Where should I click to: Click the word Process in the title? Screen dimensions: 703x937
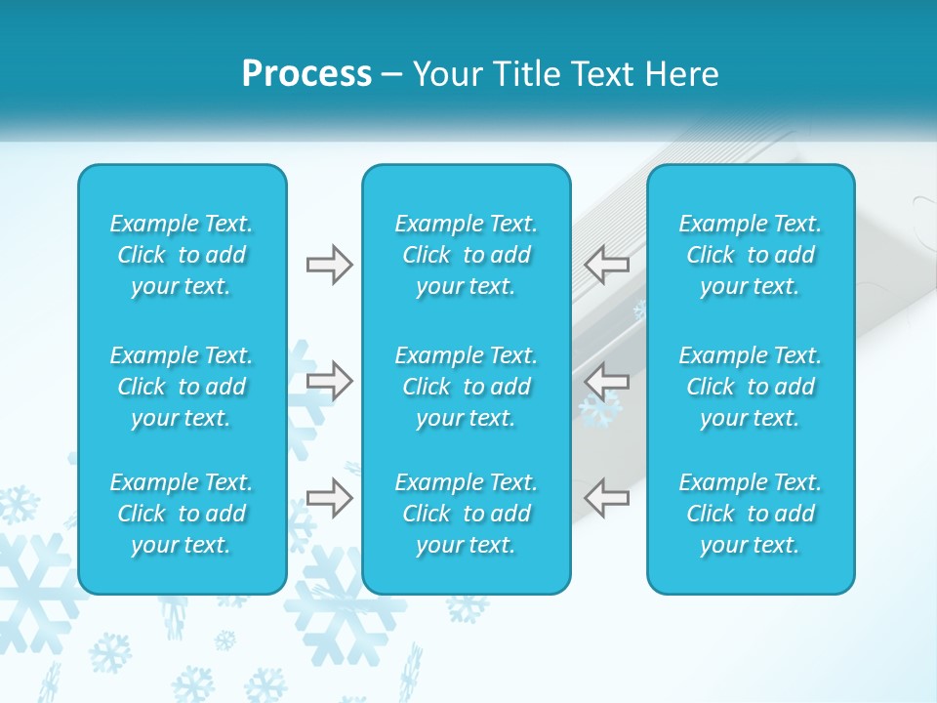click(306, 74)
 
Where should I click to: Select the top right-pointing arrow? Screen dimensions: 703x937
click(329, 265)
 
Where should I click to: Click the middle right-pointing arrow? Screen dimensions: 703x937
click(329, 380)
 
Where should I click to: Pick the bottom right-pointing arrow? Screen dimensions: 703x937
click(329, 498)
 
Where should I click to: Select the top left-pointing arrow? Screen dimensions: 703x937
click(607, 265)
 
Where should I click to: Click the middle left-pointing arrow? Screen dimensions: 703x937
click(607, 380)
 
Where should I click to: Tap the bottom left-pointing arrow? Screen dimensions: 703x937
click(607, 498)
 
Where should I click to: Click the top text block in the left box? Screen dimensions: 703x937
click(182, 255)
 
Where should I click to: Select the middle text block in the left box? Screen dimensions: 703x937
click(182, 387)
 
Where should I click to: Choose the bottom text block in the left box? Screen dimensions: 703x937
click(182, 514)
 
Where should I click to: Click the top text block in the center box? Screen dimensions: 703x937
click(466, 255)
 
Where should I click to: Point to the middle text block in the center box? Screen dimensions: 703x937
click(466, 387)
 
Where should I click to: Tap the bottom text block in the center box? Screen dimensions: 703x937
click(466, 514)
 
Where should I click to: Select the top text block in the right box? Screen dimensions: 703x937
click(750, 255)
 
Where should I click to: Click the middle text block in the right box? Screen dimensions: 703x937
click(750, 387)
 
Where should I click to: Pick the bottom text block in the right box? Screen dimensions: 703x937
click(750, 514)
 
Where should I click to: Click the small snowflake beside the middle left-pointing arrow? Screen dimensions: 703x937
click(599, 411)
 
